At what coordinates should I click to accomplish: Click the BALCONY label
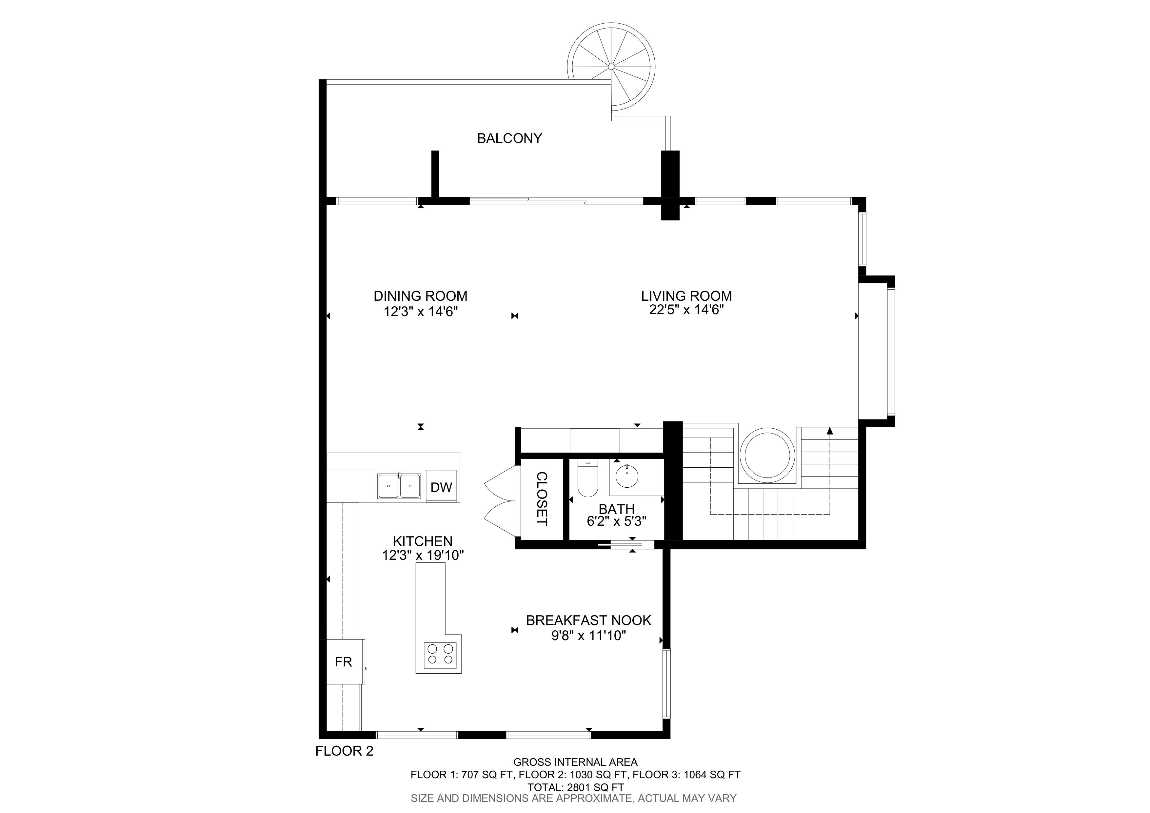click(509, 138)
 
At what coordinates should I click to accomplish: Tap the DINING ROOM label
click(421, 296)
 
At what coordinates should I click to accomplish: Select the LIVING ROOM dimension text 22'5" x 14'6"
click(687, 310)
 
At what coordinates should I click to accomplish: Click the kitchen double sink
click(399, 486)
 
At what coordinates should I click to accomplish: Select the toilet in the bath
click(587, 479)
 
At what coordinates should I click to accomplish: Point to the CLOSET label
click(542, 498)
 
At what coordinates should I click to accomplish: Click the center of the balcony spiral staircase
click(611, 66)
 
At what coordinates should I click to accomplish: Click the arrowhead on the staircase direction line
click(830, 430)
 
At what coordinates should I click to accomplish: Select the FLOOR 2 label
click(345, 751)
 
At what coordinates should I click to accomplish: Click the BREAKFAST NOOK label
click(588, 620)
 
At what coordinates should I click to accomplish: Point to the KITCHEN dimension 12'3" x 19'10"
click(423, 556)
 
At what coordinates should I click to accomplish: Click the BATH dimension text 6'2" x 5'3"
click(617, 521)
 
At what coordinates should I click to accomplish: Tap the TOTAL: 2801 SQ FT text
click(576, 787)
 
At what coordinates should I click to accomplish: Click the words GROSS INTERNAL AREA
click(576, 762)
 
